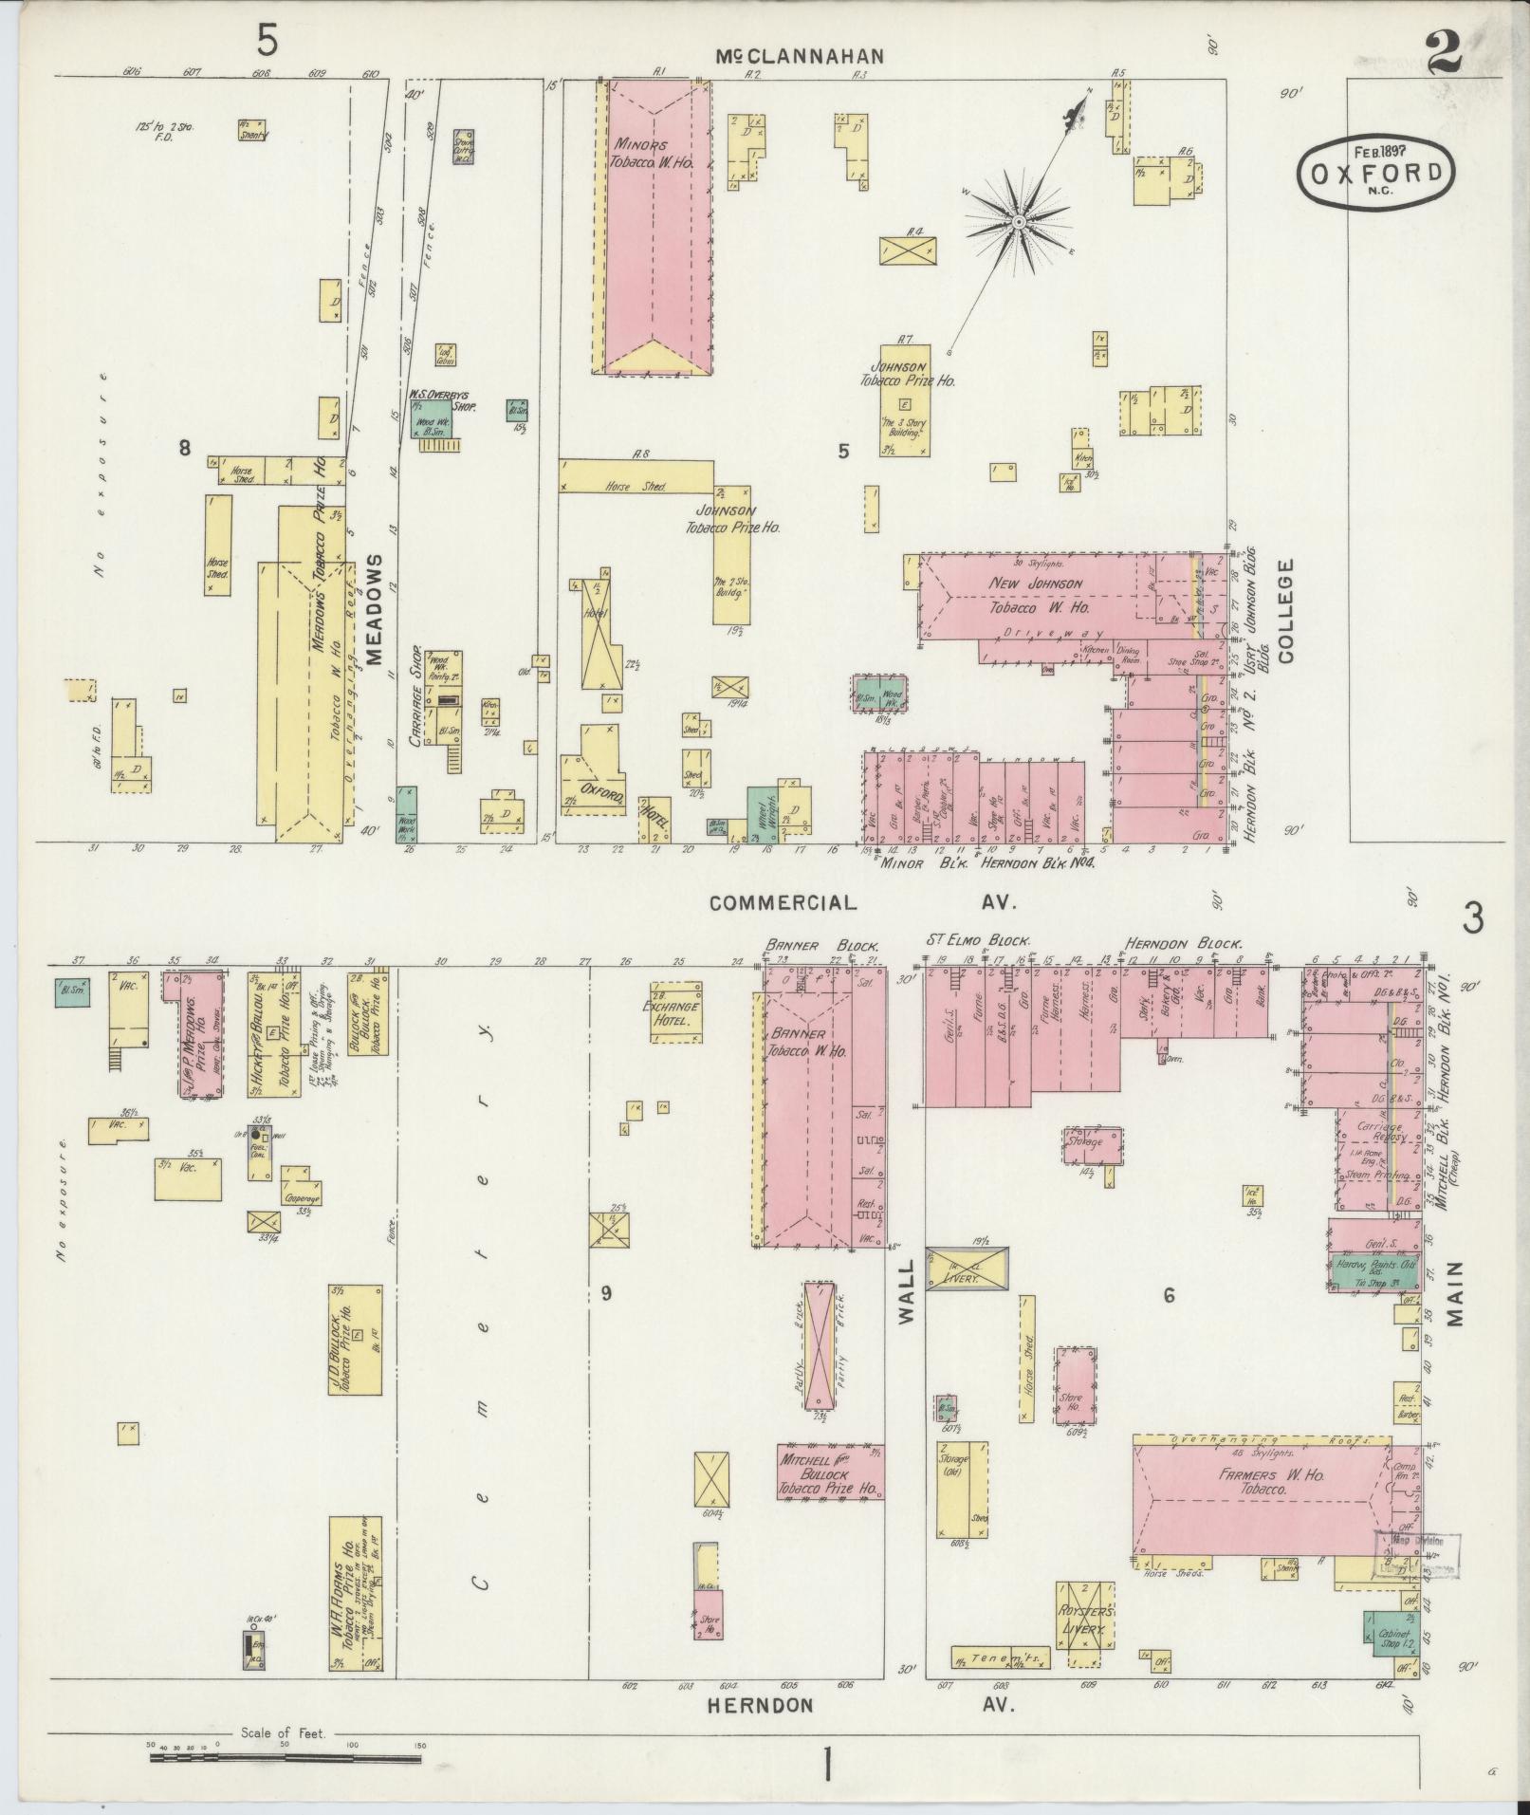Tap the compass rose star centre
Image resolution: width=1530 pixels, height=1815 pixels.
point(1018,223)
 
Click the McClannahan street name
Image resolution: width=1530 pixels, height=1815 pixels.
point(799,57)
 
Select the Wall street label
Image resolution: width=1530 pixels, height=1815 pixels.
point(905,1291)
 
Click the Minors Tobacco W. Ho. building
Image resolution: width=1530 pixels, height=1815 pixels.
point(655,228)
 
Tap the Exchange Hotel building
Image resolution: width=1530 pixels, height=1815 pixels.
point(676,1012)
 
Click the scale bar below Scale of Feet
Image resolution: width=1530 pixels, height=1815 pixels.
point(285,1758)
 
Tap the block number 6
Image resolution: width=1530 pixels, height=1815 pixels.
point(1169,1294)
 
